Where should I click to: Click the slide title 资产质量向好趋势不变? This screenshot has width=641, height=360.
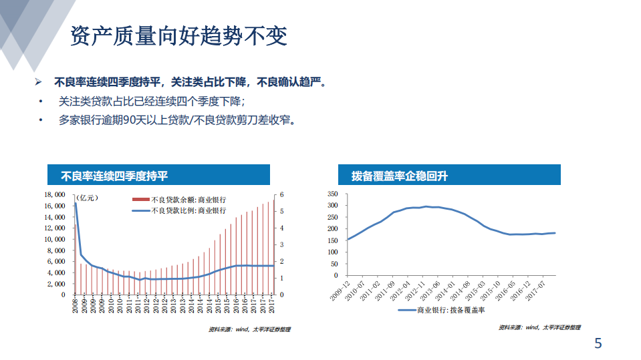click(178, 37)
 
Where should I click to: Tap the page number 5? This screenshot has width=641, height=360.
click(598, 344)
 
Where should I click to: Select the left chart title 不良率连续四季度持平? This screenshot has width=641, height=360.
click(114, 176)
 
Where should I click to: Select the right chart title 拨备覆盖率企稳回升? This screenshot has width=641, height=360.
click(400, 176)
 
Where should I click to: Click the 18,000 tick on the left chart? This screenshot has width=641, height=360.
click(54, 194)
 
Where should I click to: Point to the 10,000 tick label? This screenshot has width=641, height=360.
click(54, 239)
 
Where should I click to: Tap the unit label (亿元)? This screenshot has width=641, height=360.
click(89, 198)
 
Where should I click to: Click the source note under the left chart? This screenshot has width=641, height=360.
click(249, 329)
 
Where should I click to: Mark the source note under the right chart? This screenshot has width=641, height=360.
click(539, 327)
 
